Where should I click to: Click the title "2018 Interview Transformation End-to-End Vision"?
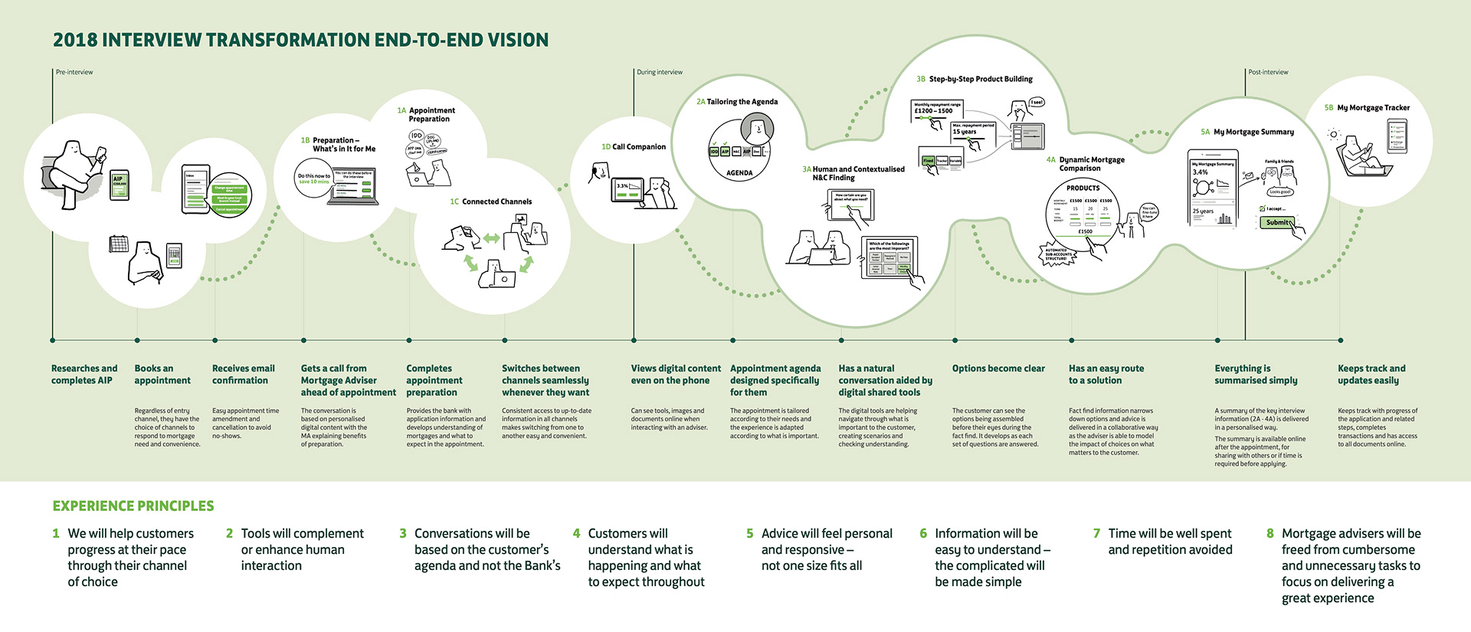pyautogui.click(x=300, y=40)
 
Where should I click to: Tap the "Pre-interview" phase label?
pyautogui.click(x=74, y=72)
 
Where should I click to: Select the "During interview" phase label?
pyautogui.click(x=660, y=72)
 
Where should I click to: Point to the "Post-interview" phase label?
pyautogui.click(x=1268, y=72)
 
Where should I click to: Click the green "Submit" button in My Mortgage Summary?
pyautogui.click(x=1277, y=223)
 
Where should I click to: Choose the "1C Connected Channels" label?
pyautogui.click(x=491, y=202)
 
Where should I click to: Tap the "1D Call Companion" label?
pyautogui.click(x=634, y=147)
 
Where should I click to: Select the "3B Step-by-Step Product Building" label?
pyautogui.click(x=975, y=79)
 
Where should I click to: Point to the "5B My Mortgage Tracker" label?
pyautogui.click(x=1367, y=108)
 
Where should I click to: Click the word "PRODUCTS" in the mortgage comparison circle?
pyautogui.click(x=1083, y=188)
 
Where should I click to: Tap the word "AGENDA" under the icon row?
pyautogui.click(x=739, y=173)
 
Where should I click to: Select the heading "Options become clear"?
pyautogui.click(x=998, y=368)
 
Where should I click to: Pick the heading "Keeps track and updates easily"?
pyautogui.click(x=1371, y=375)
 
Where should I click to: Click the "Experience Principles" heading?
pyautogui.click(x=133, y=506)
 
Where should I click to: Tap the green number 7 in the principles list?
pyautogui.click(x=1096, y=534)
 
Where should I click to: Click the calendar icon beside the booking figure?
pyautogui.click(x=119, y=245)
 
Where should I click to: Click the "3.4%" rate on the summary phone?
pyautogui.click(x=1201, y=172)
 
